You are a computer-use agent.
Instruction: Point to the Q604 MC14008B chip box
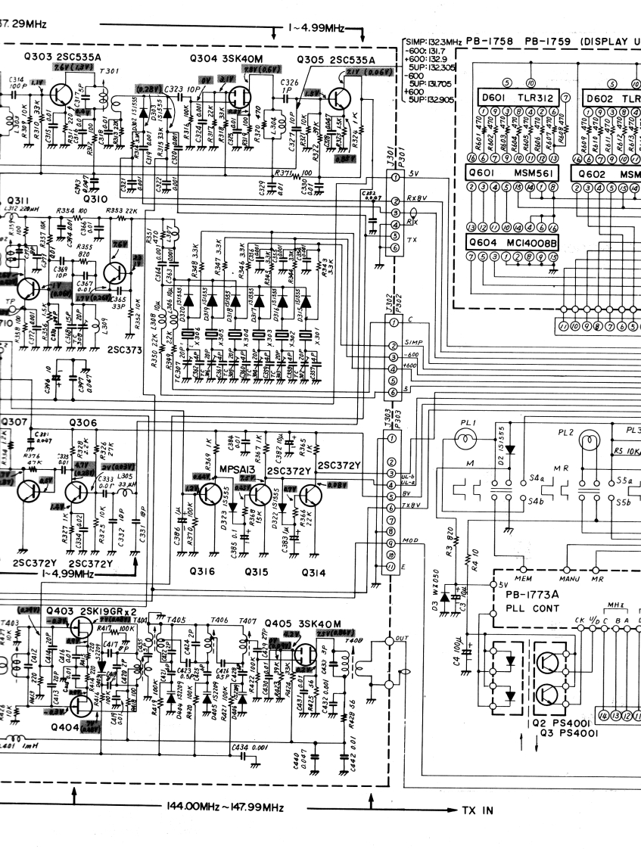click(512, 244)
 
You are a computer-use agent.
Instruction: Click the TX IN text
click(477, 810)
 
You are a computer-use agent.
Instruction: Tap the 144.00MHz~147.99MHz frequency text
click(222, 807)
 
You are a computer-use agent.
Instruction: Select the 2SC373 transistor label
click(124, 350)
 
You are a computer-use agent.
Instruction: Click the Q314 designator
click(313, 573)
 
